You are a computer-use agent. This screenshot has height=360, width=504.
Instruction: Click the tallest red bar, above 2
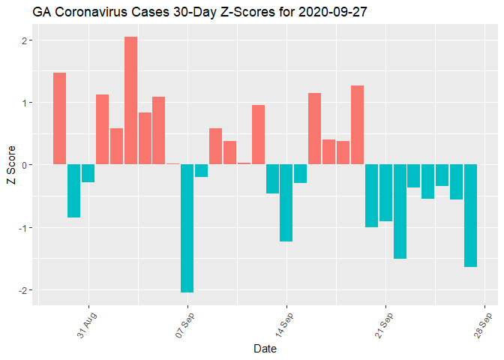pyautogui.click(x=130, y=100)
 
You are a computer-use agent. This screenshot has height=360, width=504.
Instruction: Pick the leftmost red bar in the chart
pyautogui.click(x=60, y=118)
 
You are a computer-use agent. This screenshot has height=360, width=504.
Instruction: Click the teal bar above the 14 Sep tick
pyautogui.click(x=286, y=202)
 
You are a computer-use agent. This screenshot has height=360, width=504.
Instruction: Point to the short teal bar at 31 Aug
pyautogui.click(x=88, y=173)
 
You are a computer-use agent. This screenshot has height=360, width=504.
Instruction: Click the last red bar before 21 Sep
pyautogui.click(x=357, y=125)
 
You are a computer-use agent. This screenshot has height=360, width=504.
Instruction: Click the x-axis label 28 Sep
pyautogui.click(x=482, y=324)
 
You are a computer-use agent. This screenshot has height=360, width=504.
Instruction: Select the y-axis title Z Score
pyautogui.click(x=10, y=165)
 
